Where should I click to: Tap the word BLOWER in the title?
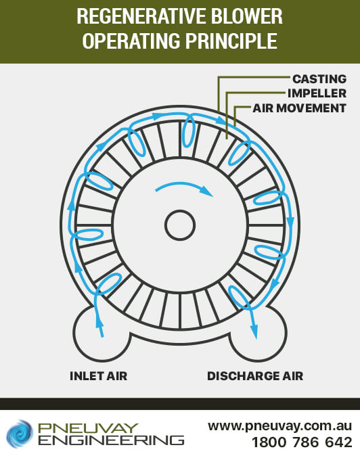coord(247,17)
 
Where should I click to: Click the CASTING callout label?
coord(319,79)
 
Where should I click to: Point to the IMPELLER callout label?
coord(317,93)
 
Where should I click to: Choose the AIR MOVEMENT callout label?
coord(300,108)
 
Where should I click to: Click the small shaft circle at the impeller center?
coord(180,225)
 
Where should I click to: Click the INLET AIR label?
coord(99,376)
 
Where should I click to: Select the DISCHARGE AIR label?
coord(255,376)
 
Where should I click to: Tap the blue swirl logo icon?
coord(20,434)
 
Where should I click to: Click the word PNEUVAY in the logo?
coord(88,428)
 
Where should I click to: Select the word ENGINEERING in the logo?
coord(111,440)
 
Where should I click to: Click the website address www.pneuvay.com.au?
coord(279,426)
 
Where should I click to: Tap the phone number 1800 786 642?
coord(302,442)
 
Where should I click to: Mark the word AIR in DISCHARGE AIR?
coord(292,376)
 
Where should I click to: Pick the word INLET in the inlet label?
coord(86,376)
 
